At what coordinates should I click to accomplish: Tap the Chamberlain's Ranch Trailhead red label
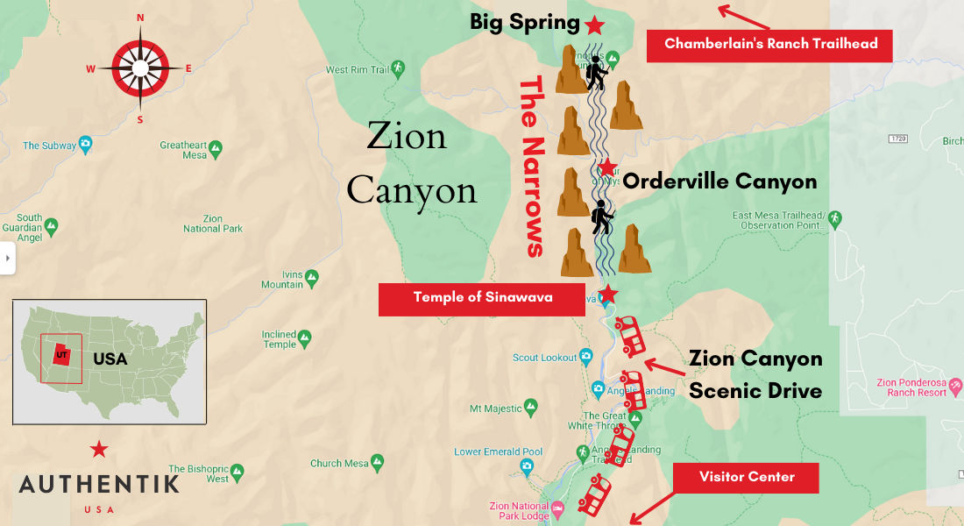click(770, 44)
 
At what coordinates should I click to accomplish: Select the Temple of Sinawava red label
click(482, 298)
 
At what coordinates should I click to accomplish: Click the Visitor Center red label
click(746, 477)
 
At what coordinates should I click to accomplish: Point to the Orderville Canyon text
click(719, 182)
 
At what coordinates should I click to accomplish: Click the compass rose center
click(140, 68)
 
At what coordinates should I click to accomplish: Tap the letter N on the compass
click(140, 18)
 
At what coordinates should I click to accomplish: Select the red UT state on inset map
click(61, 355)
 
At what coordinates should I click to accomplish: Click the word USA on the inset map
click(110, 359)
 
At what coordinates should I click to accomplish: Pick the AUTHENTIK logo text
click(99, 484)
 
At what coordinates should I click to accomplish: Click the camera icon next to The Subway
click(85, 145)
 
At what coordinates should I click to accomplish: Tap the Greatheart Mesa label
click(183, 150)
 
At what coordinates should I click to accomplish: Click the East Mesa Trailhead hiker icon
click(834, 217)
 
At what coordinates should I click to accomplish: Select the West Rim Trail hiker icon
click(398, 68)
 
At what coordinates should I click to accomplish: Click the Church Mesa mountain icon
click(377, 461)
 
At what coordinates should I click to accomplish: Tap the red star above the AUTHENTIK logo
click(99, 450)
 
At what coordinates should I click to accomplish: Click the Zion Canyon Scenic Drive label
click(755, 374)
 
